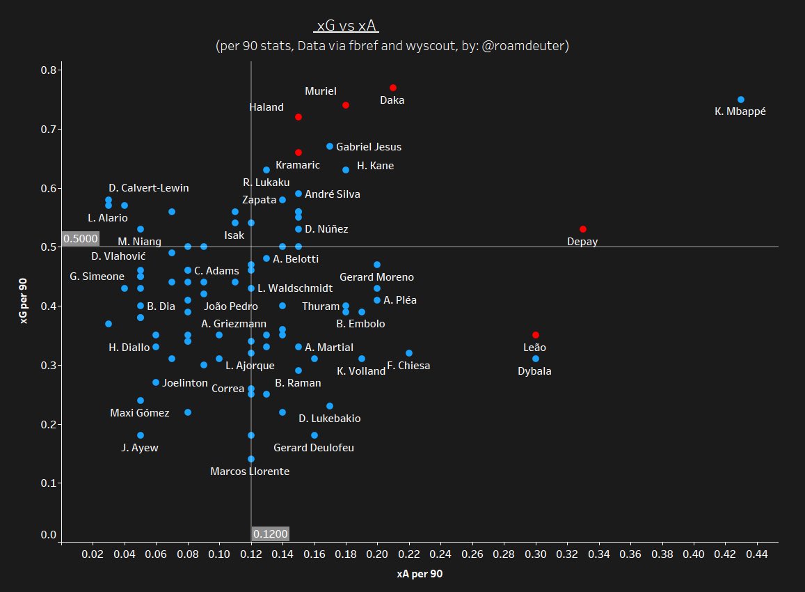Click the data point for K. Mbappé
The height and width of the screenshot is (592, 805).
(740, 100)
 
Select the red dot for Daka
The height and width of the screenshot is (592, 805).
(393, 88)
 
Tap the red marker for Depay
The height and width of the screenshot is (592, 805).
(583, 229)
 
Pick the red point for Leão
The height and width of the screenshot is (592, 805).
(536, 335)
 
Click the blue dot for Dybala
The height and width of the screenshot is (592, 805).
(536, 359)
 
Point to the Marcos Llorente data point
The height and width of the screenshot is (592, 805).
(251, 459)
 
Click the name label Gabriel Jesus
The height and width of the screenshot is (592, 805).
(369, 147)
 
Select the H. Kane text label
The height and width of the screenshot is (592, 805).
(375, 166)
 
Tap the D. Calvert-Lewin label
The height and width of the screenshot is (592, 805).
(149, 188)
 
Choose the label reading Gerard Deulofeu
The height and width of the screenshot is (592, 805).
(314, 448)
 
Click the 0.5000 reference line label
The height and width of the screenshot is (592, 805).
(80, 238)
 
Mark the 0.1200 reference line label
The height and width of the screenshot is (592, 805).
(270, 534)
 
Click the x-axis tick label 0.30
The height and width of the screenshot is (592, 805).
(536, 554)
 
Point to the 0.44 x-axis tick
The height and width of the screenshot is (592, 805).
(757, 554)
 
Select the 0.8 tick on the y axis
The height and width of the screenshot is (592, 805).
(49, 70)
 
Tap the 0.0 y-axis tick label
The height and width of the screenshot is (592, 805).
(49, 535)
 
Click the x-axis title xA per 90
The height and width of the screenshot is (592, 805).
(420, 575)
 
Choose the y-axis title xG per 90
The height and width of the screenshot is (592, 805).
(24, 300)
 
